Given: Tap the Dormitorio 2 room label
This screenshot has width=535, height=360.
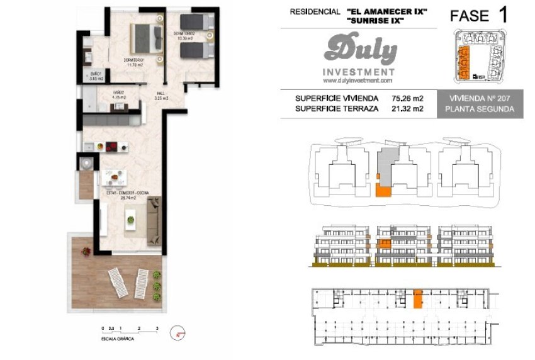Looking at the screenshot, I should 183,35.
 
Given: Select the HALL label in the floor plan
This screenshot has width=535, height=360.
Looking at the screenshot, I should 160,96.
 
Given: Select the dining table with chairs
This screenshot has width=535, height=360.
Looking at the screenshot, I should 115,177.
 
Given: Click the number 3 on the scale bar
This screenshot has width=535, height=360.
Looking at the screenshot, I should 157,329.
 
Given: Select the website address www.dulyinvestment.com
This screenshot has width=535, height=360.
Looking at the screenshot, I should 357,81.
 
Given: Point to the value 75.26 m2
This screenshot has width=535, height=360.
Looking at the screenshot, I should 407,98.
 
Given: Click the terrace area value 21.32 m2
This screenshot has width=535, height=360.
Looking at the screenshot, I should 407,108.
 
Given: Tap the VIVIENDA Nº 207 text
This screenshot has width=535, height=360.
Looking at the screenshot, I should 483,98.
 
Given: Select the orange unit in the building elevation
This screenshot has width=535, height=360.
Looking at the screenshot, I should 383,244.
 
